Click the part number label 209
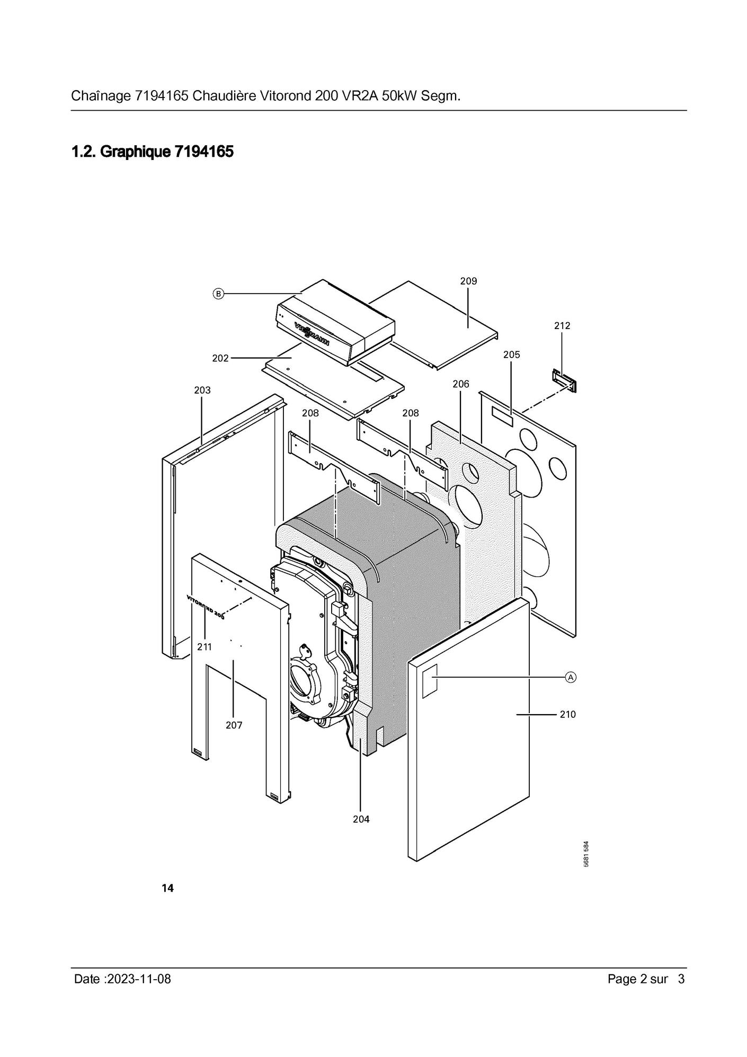[x=468, y=281]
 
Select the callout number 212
[x=562, y=326]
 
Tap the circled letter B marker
[x=218, y=293]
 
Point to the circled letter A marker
[x=571, y=677]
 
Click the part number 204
[x=361, y=819]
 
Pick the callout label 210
[x=567, y=715]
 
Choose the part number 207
[x=234, y=725]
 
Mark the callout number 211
[x=204, y=647]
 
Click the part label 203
[x=202, y=390]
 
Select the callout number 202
[x=220, y=358]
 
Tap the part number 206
[x=461, y=384]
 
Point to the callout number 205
[x=512, y=355]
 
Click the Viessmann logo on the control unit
[x=312, y=334]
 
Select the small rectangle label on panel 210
[x=430, y=679]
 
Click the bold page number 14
[x=167, y=889]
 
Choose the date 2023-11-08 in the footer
[x=139, y=979]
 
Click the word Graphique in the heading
[x=136, y=153]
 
